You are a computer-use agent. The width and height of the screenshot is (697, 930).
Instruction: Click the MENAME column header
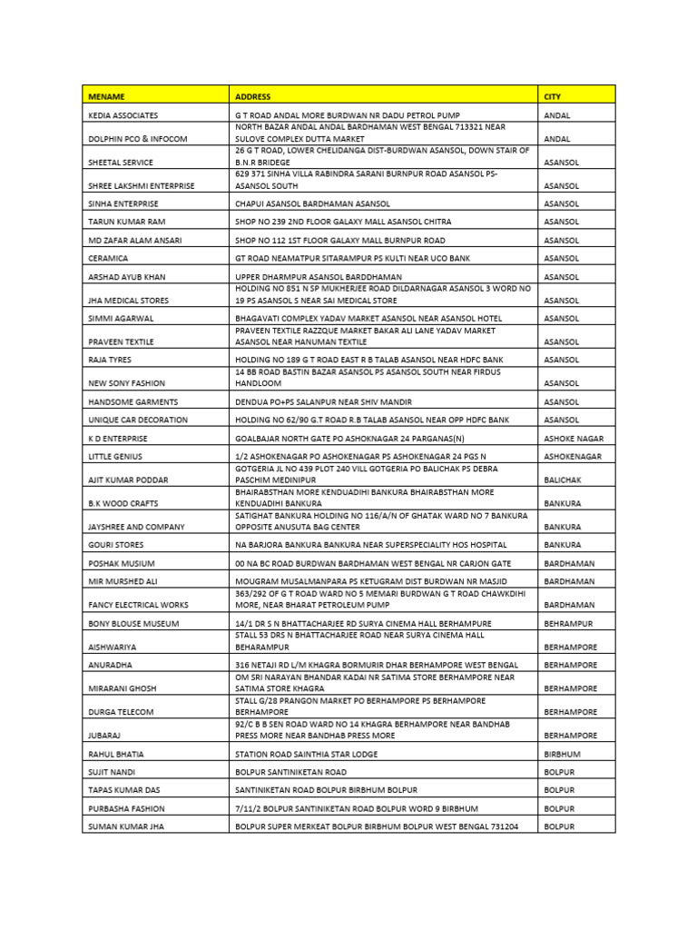106,95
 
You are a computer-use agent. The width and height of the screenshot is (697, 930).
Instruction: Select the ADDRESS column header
252,95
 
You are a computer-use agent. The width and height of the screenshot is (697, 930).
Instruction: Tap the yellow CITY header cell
553,95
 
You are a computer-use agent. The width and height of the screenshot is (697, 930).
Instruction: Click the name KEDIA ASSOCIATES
123,116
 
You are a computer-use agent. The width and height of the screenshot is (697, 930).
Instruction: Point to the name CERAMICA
108,258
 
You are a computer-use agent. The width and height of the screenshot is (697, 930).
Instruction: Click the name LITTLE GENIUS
114,456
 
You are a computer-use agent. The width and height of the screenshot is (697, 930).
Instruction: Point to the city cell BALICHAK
563,479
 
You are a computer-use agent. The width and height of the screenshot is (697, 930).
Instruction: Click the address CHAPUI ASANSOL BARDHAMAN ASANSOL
312,203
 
